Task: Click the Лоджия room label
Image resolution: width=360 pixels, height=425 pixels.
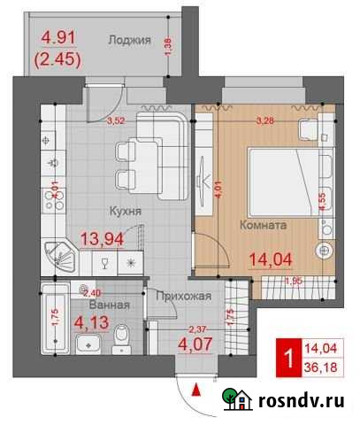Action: pyautogui.click(x=129, y=40)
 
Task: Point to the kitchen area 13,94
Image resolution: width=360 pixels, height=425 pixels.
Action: pyautogui.click(x=126, y=236)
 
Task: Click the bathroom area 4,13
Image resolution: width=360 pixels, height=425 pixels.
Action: pyautogui.click(x=91, y=322)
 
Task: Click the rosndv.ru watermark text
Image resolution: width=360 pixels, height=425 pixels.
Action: pyautogui.click(x=301, y=401)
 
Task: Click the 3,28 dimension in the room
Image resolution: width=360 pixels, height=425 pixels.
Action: pyautogui.click(x=263, y=121)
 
